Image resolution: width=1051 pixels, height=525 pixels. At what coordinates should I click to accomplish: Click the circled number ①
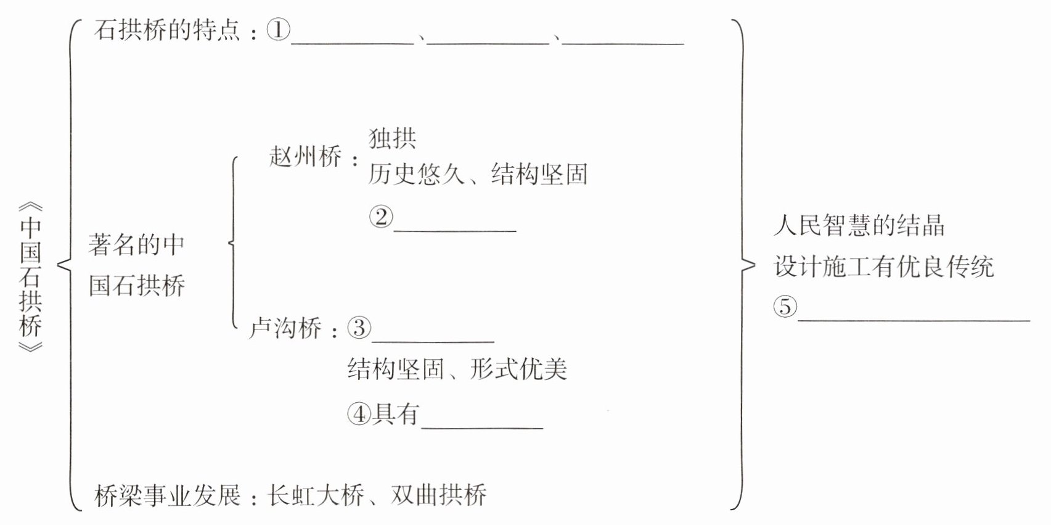click(x=278, y=30)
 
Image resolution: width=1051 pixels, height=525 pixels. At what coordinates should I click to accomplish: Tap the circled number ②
click(x=380, y=217)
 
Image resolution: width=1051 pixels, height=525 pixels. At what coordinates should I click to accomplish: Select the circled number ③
click(x=359, y=328)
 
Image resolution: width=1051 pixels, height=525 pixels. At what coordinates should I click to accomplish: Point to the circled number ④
click(x=359, y=414)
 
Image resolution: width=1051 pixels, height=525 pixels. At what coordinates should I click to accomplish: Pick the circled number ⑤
click(x=785, y=306)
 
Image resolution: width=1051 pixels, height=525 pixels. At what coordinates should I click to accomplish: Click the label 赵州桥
click(x=306, y=156)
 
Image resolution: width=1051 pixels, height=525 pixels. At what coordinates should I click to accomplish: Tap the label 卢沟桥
click(x=285, y=328)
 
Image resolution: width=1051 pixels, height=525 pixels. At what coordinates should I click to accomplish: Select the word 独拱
click(x=392, y=139)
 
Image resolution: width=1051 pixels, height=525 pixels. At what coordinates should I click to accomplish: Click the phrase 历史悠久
click(x=416, y=174)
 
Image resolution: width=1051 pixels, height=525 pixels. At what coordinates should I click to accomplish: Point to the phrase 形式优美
click(x=518, y=369)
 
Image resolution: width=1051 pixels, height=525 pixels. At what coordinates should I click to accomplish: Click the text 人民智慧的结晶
click(x=859, y=225)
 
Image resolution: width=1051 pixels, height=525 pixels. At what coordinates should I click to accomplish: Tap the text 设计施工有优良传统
click(x=883, y=267)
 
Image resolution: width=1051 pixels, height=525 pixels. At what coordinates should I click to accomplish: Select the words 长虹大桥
click(x=316, y=495)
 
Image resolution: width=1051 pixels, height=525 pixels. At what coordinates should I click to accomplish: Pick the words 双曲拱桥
click(x=438, y=495)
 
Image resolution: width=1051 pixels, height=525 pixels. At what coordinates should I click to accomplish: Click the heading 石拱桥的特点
click(x=167, y=30)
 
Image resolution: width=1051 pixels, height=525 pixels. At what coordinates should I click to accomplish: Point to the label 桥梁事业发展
click(x=167, y=495)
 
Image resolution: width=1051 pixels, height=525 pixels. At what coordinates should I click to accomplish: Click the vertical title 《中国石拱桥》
click(x=30, y=278)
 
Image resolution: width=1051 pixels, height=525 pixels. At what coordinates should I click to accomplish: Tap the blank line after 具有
click(x=482, y=428)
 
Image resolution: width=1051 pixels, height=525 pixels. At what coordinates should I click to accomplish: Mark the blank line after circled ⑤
click(x=914, y=321)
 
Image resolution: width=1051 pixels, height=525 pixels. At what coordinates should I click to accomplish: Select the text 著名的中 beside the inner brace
click(x=136, y=245)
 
